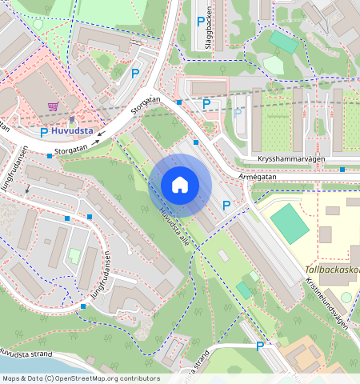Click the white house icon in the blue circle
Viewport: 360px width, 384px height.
click(180, 185)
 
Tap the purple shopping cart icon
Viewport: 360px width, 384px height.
click(53, 106)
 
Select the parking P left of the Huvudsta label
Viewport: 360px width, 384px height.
click(44, 132)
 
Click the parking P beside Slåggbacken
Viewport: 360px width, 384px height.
click(199, 21)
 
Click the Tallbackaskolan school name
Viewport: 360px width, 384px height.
click(332, 270)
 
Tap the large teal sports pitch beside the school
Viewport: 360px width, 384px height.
click(290, 223)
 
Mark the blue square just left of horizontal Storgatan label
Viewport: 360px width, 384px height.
click(50, 154)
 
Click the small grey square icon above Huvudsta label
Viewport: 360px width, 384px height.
click(70, 119)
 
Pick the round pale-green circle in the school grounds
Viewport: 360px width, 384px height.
click(346, 297)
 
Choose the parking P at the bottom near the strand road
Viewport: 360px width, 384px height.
click(260, 346)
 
